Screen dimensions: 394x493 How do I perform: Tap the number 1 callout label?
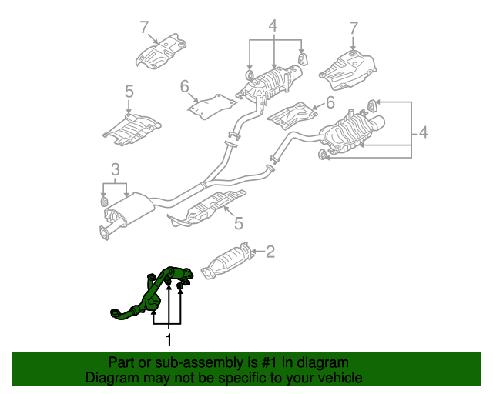click(168, 338)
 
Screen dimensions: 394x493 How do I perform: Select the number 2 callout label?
click(270, 250)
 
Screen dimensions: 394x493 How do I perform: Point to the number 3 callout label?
click(115, 169)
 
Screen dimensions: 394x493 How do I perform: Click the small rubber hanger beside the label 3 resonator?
click(104, 202)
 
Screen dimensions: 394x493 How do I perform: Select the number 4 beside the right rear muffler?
click(423, 135)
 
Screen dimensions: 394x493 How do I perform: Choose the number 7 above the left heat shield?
click(143, 28)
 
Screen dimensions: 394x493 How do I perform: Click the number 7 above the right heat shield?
click(354, 28)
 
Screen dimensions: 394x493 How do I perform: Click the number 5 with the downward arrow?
click(129, 92)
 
